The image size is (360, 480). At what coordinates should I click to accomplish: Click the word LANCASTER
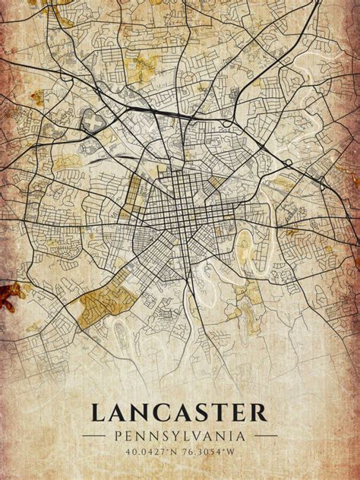(x=179, y=413)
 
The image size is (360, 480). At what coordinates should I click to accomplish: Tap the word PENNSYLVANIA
(x=179, y=437)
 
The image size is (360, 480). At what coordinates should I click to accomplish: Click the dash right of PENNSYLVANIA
(x=265, y=437)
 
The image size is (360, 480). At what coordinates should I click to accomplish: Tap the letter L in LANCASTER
(x=99, y=413)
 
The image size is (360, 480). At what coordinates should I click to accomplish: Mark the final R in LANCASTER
(x=259, y=413)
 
